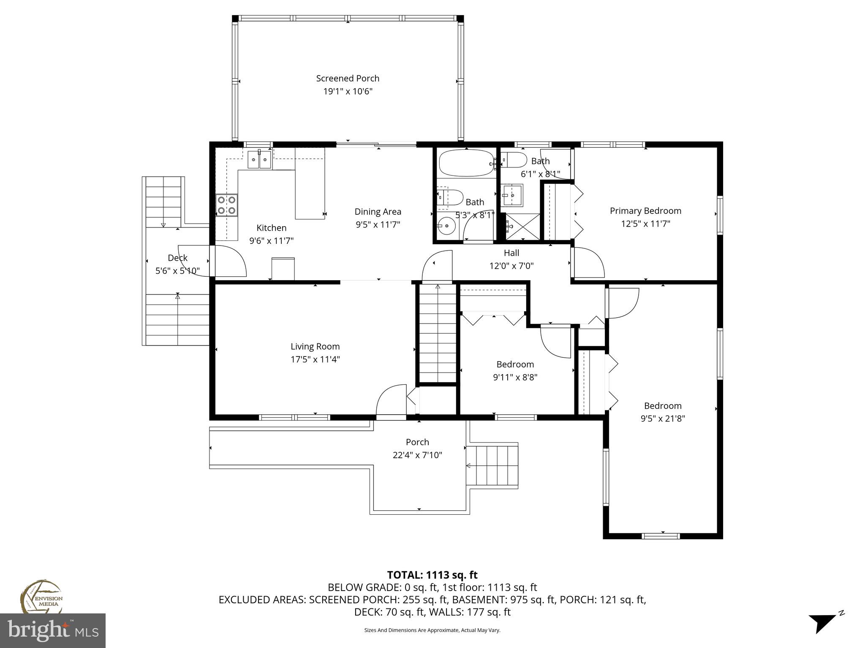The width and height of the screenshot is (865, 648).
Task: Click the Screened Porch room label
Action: pos(348,78)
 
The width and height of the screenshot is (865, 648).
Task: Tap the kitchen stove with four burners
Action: pos(226,205)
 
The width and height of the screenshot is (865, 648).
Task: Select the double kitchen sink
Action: pos(259,159)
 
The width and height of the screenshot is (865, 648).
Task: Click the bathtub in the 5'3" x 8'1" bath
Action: pos(466,163)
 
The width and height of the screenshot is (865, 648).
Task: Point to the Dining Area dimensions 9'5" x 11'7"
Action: pos(378,224)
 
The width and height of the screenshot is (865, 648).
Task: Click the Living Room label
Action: pos(315,346)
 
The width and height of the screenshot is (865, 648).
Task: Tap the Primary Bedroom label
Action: pos(645,211)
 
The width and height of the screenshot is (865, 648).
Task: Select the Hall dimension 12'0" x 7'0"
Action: pos(511,266)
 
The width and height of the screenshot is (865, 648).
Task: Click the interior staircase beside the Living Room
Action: pos(438,333)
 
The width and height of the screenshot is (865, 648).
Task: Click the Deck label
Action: pos(177,258)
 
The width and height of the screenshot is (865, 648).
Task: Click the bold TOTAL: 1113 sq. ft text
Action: pos(432,575)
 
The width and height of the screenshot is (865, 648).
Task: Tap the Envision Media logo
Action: pos(41,597)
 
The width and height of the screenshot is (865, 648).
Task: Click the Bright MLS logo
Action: pos(53,630)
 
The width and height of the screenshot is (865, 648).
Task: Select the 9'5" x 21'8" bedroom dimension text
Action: pos(662,418)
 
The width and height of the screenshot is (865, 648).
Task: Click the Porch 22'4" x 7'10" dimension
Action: pos(417,455)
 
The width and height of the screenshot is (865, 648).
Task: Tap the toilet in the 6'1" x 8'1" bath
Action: pos(515,159)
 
